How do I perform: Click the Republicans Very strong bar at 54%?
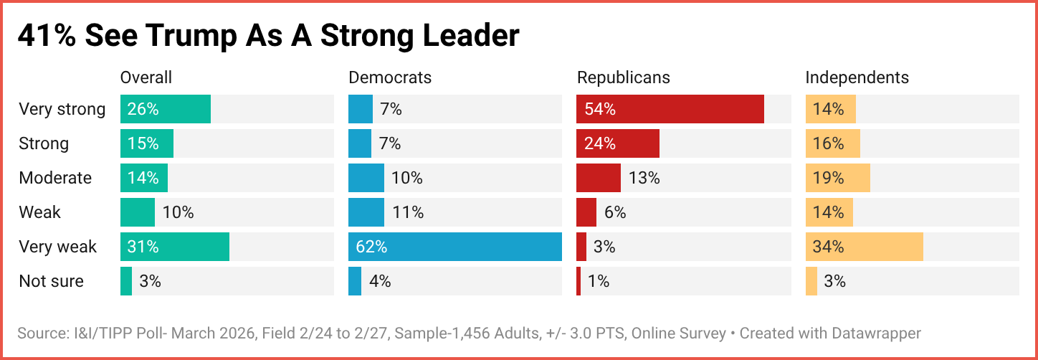670,109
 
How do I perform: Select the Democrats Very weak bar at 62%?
455,247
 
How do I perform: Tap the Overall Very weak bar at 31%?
175,247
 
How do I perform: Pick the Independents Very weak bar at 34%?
865,247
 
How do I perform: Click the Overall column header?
146,77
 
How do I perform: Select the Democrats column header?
390,77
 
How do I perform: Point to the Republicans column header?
624,77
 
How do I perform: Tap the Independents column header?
857,77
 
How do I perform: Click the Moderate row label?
55,178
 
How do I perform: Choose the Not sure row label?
51,281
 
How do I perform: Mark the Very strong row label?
62,109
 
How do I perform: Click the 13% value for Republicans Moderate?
644,178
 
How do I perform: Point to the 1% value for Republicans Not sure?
599,281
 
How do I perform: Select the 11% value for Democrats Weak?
408,212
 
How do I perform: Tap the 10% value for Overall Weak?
178,212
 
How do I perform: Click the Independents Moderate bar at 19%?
838,178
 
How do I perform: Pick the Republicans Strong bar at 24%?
618,143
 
